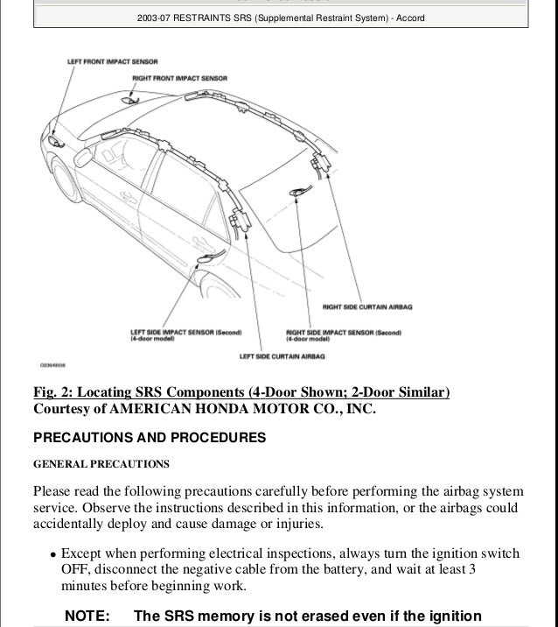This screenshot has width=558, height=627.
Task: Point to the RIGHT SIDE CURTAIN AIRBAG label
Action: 366,307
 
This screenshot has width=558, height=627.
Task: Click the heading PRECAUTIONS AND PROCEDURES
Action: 149,437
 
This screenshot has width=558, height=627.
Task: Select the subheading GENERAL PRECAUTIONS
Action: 101,462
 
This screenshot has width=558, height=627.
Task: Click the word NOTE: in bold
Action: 87,616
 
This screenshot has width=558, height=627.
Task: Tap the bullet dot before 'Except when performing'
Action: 53,554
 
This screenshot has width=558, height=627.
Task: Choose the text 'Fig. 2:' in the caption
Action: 54,391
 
